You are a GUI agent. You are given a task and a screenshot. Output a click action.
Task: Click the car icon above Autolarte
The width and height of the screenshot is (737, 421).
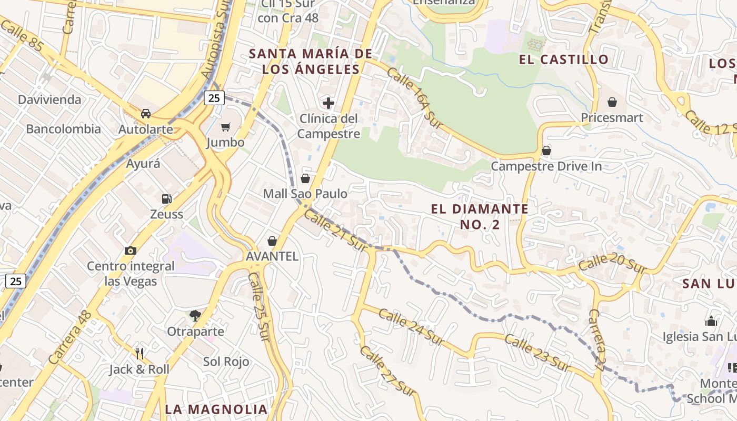(146, 114)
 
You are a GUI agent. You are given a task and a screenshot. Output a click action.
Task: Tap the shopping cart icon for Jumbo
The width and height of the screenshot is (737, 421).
(226, 127)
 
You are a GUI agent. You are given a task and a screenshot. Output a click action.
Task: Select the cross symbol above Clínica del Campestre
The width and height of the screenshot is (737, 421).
(328, 103)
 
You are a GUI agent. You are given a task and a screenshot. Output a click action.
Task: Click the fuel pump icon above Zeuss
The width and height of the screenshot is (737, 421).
(166, 199)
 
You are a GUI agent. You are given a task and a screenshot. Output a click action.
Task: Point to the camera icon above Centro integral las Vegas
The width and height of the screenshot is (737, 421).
(131, 250)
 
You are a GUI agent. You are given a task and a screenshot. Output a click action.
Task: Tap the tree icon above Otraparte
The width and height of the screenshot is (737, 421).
(195, 316)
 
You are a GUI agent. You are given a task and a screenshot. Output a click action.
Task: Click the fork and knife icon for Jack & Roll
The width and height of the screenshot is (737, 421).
(140, 353)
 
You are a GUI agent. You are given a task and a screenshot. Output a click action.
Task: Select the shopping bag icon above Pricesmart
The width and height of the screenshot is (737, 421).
(612, 102)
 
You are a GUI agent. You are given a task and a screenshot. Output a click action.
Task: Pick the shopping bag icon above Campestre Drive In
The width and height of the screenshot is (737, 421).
(546, 151)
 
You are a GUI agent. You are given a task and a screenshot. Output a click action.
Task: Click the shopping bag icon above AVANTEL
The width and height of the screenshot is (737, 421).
(272, 241)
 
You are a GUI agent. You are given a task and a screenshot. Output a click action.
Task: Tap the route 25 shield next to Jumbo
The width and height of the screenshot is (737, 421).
(215, 97)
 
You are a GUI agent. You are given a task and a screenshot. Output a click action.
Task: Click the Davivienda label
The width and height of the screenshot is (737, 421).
(49, 100)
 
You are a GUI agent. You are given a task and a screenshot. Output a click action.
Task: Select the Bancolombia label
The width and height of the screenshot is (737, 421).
(63, 129)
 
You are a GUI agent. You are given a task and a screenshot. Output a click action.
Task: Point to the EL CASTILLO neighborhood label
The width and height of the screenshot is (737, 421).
(564, 59)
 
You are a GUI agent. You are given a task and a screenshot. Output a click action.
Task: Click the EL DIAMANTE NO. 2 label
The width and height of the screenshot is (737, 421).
(480, 217)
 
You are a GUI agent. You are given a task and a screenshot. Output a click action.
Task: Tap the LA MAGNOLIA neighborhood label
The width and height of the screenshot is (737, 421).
(216, 409)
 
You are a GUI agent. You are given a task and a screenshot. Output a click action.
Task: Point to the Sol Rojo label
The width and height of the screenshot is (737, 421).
(226, 362)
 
